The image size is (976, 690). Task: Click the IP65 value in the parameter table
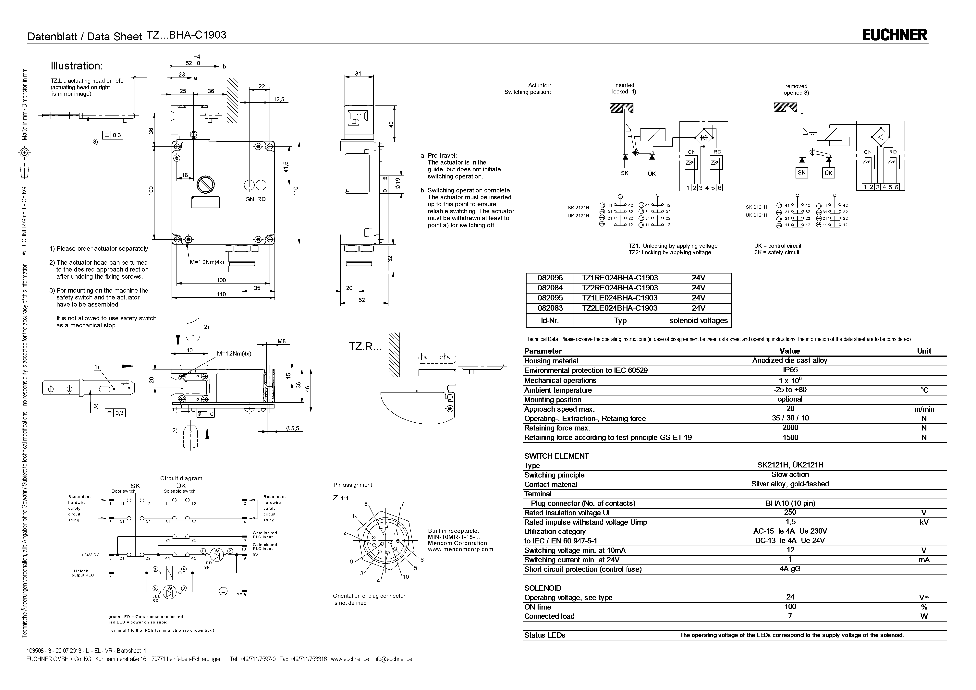pos(790,370)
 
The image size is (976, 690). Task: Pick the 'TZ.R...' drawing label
pos(365,346)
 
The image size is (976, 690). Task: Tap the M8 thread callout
pos(281,341)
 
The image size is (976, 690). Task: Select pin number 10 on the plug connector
pos(406,576)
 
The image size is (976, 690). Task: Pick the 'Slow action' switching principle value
pos(790,474)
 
